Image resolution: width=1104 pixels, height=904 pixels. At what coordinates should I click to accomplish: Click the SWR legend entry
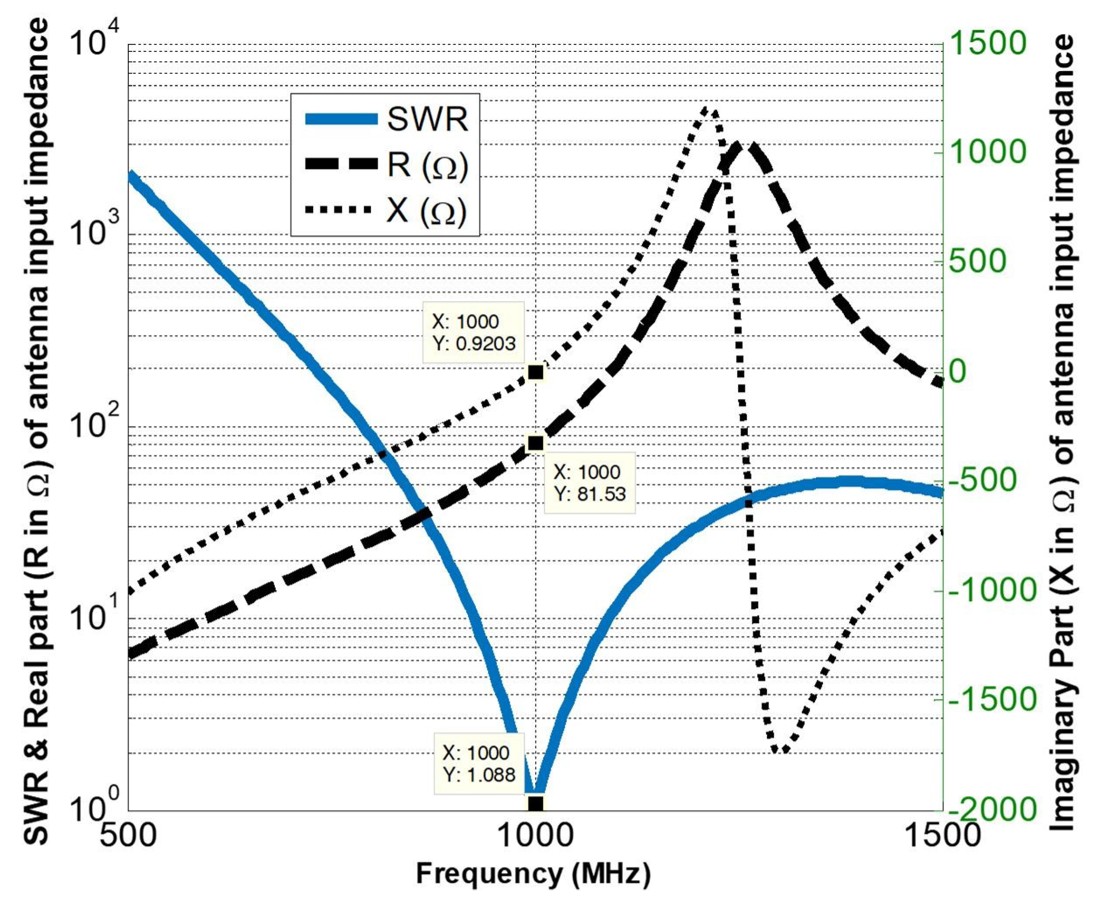tap(385, 119)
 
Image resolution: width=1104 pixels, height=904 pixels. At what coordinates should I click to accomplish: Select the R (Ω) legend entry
tap(385, 165)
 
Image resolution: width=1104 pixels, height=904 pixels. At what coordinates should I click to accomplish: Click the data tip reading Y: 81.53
tap(589, 483)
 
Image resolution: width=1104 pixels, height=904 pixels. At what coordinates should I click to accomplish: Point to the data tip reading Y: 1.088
tap(479, 763)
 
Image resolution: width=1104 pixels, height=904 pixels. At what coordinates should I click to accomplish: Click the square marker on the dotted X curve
tap(536, 373)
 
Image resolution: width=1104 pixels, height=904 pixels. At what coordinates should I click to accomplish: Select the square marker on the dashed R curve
tap(536, 443)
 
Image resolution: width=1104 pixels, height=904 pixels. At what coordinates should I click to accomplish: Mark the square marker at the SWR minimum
tap(536, 804)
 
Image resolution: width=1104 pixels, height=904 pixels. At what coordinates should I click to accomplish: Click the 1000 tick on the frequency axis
tap(536, 835)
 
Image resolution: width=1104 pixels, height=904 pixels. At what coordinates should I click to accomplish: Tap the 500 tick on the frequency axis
tap(128, 835)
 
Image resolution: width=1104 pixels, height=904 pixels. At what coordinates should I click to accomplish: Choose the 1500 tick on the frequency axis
tap(942, 835)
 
